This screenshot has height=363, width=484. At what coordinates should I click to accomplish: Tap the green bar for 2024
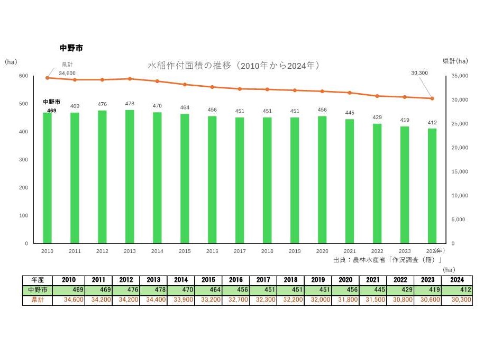pos(432,186)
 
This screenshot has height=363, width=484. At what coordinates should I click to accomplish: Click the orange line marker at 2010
pos(47,78)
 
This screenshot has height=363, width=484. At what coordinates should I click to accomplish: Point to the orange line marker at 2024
pos(432,98)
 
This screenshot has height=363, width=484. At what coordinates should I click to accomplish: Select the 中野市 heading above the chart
pos(71,48)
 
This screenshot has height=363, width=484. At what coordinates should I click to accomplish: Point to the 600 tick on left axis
pos(23,76)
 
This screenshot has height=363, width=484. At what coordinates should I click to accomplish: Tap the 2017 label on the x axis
pos(240,251)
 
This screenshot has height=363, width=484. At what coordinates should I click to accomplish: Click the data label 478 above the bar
pos(130,104)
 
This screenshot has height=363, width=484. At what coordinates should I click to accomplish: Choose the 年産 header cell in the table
pos(38,279)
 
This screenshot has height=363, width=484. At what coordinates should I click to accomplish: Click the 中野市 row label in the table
pos(38,290)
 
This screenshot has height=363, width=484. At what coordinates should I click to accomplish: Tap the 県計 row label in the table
pos(38,300)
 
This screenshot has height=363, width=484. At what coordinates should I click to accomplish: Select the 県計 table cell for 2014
pos(181,300)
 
